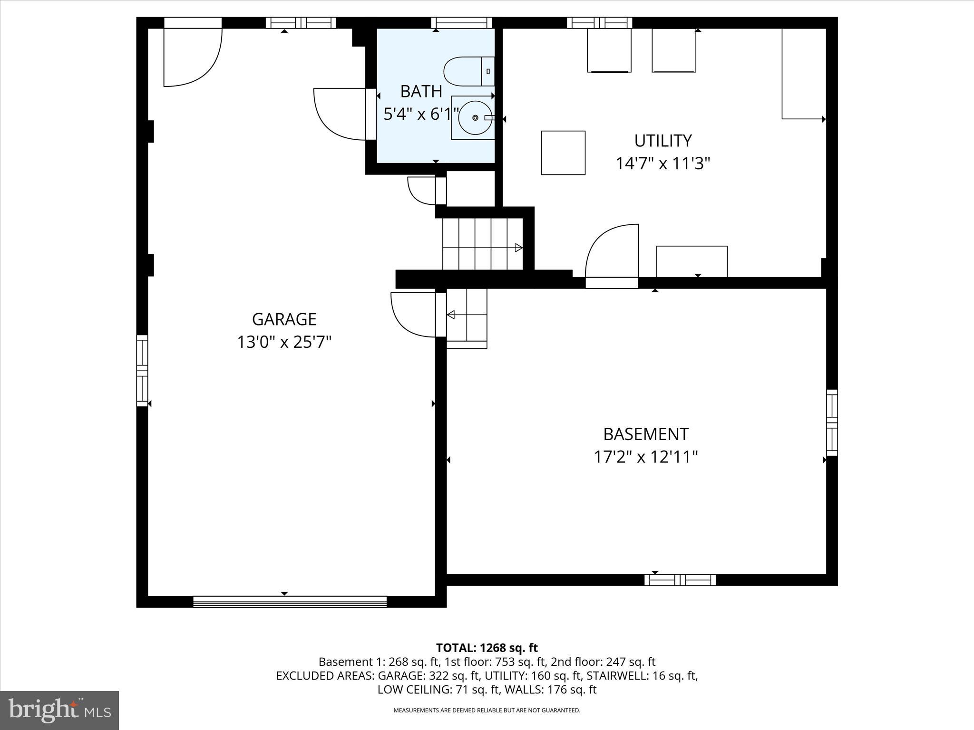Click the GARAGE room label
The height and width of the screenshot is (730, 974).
point(284,319)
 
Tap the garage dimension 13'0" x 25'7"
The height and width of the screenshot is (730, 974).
point(284,342)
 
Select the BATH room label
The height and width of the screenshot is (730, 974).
point(421,91)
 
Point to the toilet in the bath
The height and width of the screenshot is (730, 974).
point(468,72)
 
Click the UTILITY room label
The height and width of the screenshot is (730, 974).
point(662,141)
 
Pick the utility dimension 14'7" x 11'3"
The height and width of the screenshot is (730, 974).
point(662,163)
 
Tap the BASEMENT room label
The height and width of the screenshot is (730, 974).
point(645,434)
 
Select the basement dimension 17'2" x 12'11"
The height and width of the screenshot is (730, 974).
point(645,457)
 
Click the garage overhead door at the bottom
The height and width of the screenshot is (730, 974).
point(290,602)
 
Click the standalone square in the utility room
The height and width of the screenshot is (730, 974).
point(563,153)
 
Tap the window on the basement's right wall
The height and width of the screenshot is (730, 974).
point(831,423)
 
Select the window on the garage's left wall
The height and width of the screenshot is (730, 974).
point(142,370)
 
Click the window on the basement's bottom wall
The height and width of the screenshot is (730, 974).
point(680,580)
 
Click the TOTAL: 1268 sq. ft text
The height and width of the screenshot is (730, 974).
point(487,648)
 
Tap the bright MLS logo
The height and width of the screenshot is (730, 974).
point(59,710)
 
